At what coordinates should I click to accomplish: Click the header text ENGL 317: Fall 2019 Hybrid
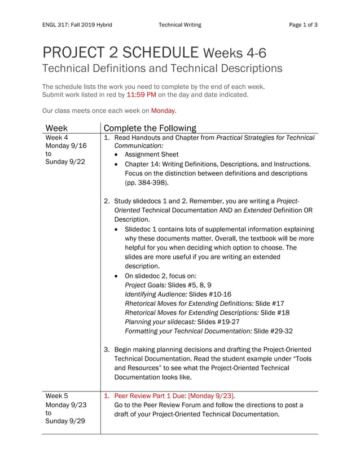pos(77,25)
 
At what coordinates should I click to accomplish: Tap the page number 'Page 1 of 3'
pos(303,25)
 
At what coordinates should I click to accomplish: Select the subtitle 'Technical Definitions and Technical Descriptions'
pos(162,69)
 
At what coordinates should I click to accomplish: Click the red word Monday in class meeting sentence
pos(163,111)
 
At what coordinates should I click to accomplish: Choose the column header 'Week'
pos(56,128)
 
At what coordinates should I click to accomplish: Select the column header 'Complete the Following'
pos(150,128)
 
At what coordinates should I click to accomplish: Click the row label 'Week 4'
pos(56,138)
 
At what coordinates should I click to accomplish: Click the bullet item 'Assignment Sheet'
pos(151,155)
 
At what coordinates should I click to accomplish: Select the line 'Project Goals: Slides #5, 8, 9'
pos(168,285)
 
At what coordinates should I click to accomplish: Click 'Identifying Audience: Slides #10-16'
pos(178,294)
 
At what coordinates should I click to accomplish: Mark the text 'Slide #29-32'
pos(273,331)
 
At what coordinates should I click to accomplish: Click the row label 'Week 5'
pos(56,396)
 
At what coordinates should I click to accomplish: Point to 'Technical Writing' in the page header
pos(179,25)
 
